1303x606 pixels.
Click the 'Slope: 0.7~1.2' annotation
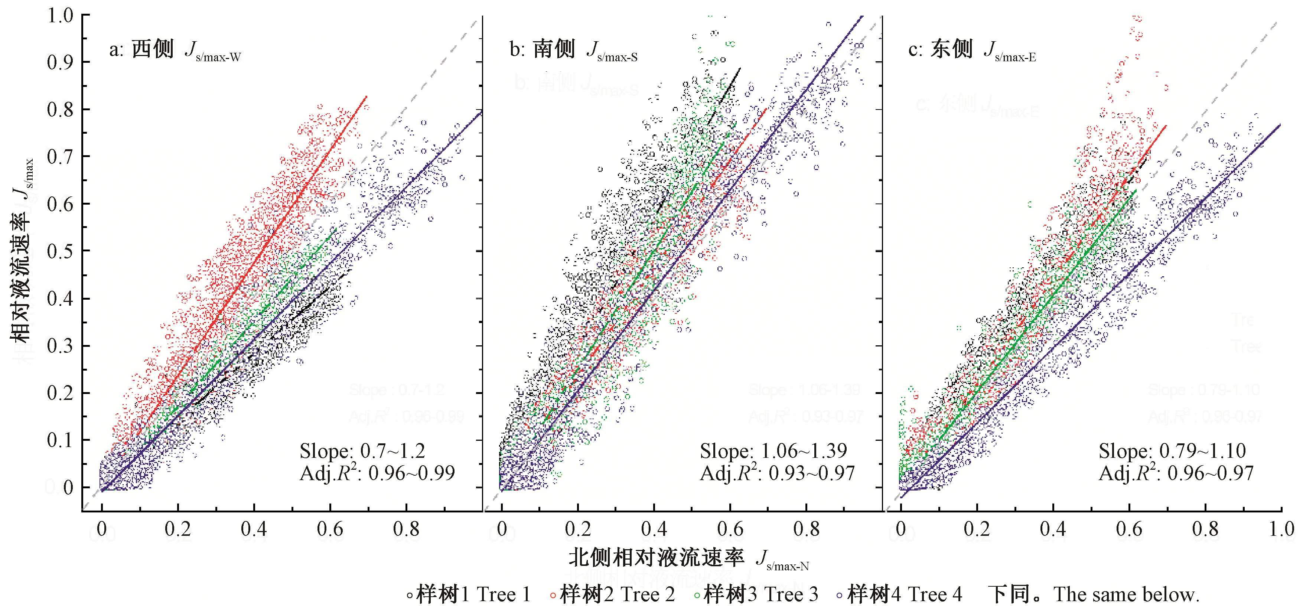click(x=362, y=451)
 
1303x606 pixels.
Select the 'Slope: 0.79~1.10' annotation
click(x=1172, y=451)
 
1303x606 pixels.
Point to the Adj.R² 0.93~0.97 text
click(x=777, y=473)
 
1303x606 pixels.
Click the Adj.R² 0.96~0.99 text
click(x=377, y=473)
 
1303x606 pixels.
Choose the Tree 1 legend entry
click(x=469, y=594)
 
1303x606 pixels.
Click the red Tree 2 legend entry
click(x=613, y=594)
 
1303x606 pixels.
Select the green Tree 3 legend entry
click(x=756, y=594)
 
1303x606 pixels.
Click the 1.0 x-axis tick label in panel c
click(x=1281, y=529)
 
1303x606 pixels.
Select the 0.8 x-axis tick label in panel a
click(x=406, y=529)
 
